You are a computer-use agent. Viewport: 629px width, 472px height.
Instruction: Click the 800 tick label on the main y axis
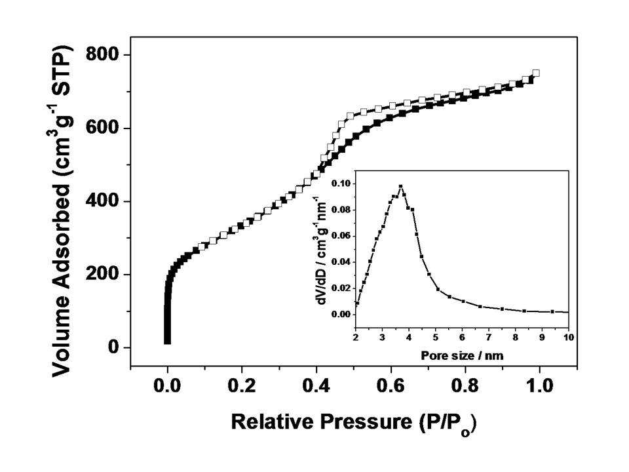coord(102,54)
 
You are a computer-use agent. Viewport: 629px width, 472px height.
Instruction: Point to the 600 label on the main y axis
coord(102,128)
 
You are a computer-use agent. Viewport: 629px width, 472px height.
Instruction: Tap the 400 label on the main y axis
coord(102,201)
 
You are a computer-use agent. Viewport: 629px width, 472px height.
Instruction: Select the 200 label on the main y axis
coord(102,274)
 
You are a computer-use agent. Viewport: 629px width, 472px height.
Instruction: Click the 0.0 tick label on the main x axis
coord(167,385)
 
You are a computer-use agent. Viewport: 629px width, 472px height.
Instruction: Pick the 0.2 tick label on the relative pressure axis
coord(242,385)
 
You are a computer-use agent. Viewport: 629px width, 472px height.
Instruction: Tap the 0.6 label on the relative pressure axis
coord(391,385)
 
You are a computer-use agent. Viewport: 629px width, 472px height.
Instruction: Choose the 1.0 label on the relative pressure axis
coord(539,385)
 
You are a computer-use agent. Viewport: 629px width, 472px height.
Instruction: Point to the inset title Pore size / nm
coord(462,355)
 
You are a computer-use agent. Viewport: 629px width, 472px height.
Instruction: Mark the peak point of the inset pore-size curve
coord(400,186)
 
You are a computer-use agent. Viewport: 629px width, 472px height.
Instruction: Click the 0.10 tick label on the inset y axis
coord(341,184)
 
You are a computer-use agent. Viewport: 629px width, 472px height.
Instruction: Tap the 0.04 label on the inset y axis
coord(341,262)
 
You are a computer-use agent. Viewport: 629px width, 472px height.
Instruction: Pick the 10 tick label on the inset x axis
coord(569,338)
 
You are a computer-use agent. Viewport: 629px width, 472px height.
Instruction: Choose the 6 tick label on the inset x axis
coord(462,338)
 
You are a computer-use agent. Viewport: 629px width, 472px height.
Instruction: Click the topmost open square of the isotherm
coord(535,73)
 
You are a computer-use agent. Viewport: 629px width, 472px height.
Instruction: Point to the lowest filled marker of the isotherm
coord(167,341)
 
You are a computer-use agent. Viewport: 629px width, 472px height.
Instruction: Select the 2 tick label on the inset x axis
coord(356,338)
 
